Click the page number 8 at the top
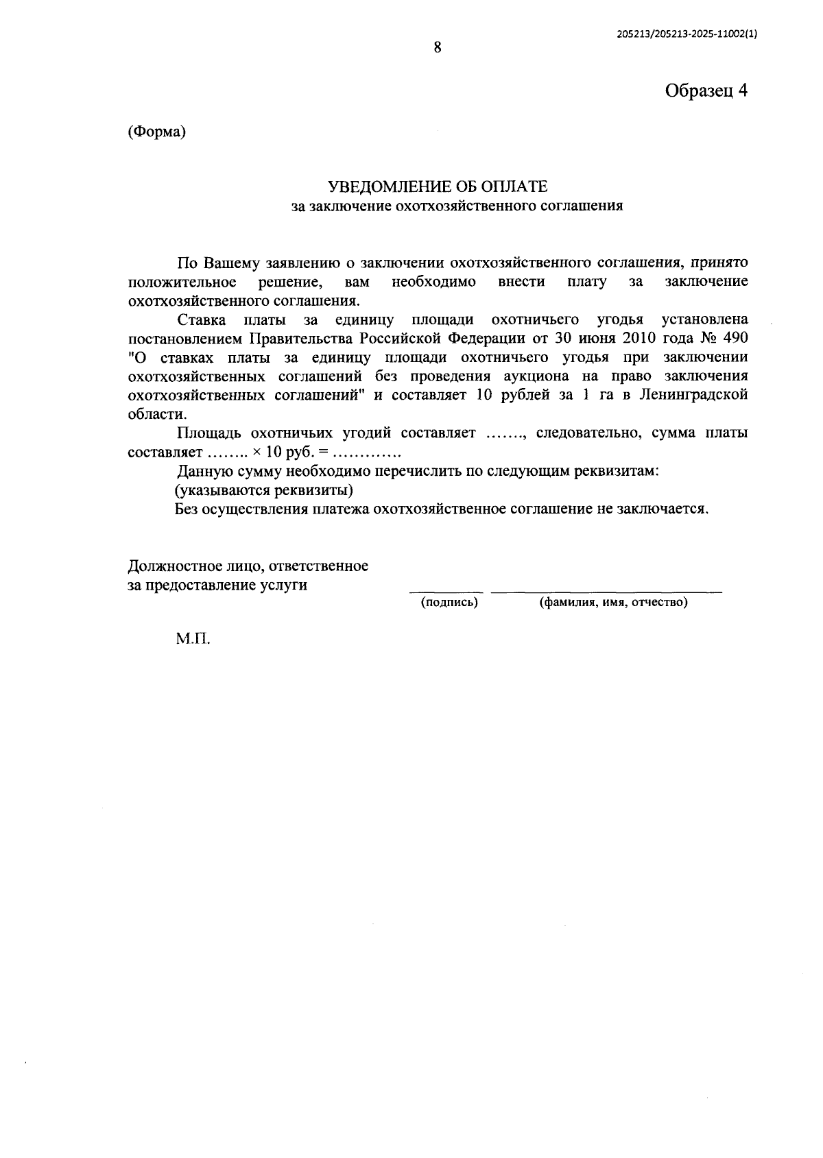point(437,47)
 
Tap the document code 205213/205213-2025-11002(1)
point(687,36)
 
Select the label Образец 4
point(706,91)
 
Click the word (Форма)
point(157,132)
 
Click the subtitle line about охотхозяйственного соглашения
point(457,206)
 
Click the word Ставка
point(202,319)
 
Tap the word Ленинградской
point(693,396)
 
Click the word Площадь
point(210,433)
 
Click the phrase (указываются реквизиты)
point(264,490)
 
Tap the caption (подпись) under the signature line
point(449,603)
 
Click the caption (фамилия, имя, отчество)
point(613,603)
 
